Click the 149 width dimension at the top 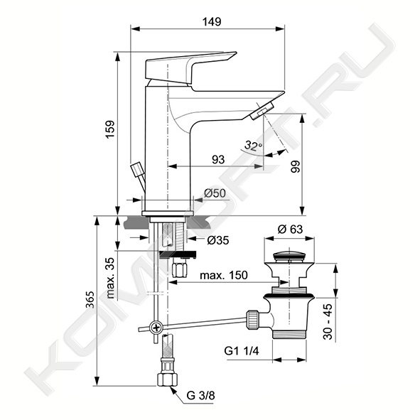pyautogui.click(x=212, y=22)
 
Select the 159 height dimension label pyautogui.click(x=110, y=129)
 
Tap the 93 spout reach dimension pyautogui.click(x=218, y=160)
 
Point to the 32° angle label pyautogui.click(x=254, y=146)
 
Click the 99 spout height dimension pyautogui.click(x=296, y=167)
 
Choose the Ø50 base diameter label pyautogui.click(x=215, y=193)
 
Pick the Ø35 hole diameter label pyautogui.click(x=218, y=240)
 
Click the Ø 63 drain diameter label pyautogui.click(x=290, y=229)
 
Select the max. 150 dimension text pyautogui.click(x=224, y=275)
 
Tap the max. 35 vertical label pyautogui.click(x=110, y=278)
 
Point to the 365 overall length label pyautogui.click(x=90, y=300)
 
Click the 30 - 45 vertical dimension pyautogui.click(x=328, y=322)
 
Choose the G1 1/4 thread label pyautogui.click(x=242, y=351)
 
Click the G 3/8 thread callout pyautogui.click(x=200, y=396)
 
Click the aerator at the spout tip pyautogui.click(x=261, y=110)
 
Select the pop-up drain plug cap pyautogui.click(x=289, y=256)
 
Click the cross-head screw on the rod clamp pyautogui.click(x=156, y=328)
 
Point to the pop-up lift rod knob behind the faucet pyautogui.click(x=136, y=169)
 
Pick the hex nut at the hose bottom pyautogui.click(x=167, y=379)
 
